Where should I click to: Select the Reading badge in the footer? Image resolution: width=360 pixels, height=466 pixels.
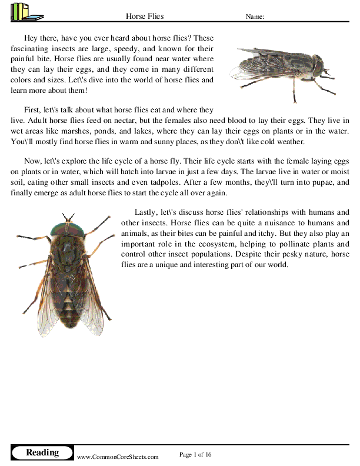[42, 452]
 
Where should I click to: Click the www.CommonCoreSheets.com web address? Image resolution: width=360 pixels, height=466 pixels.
[118, 457]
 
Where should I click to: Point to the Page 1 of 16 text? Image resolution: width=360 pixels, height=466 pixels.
[195, 454]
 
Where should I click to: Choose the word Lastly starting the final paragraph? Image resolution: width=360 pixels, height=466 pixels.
[146, 212]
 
